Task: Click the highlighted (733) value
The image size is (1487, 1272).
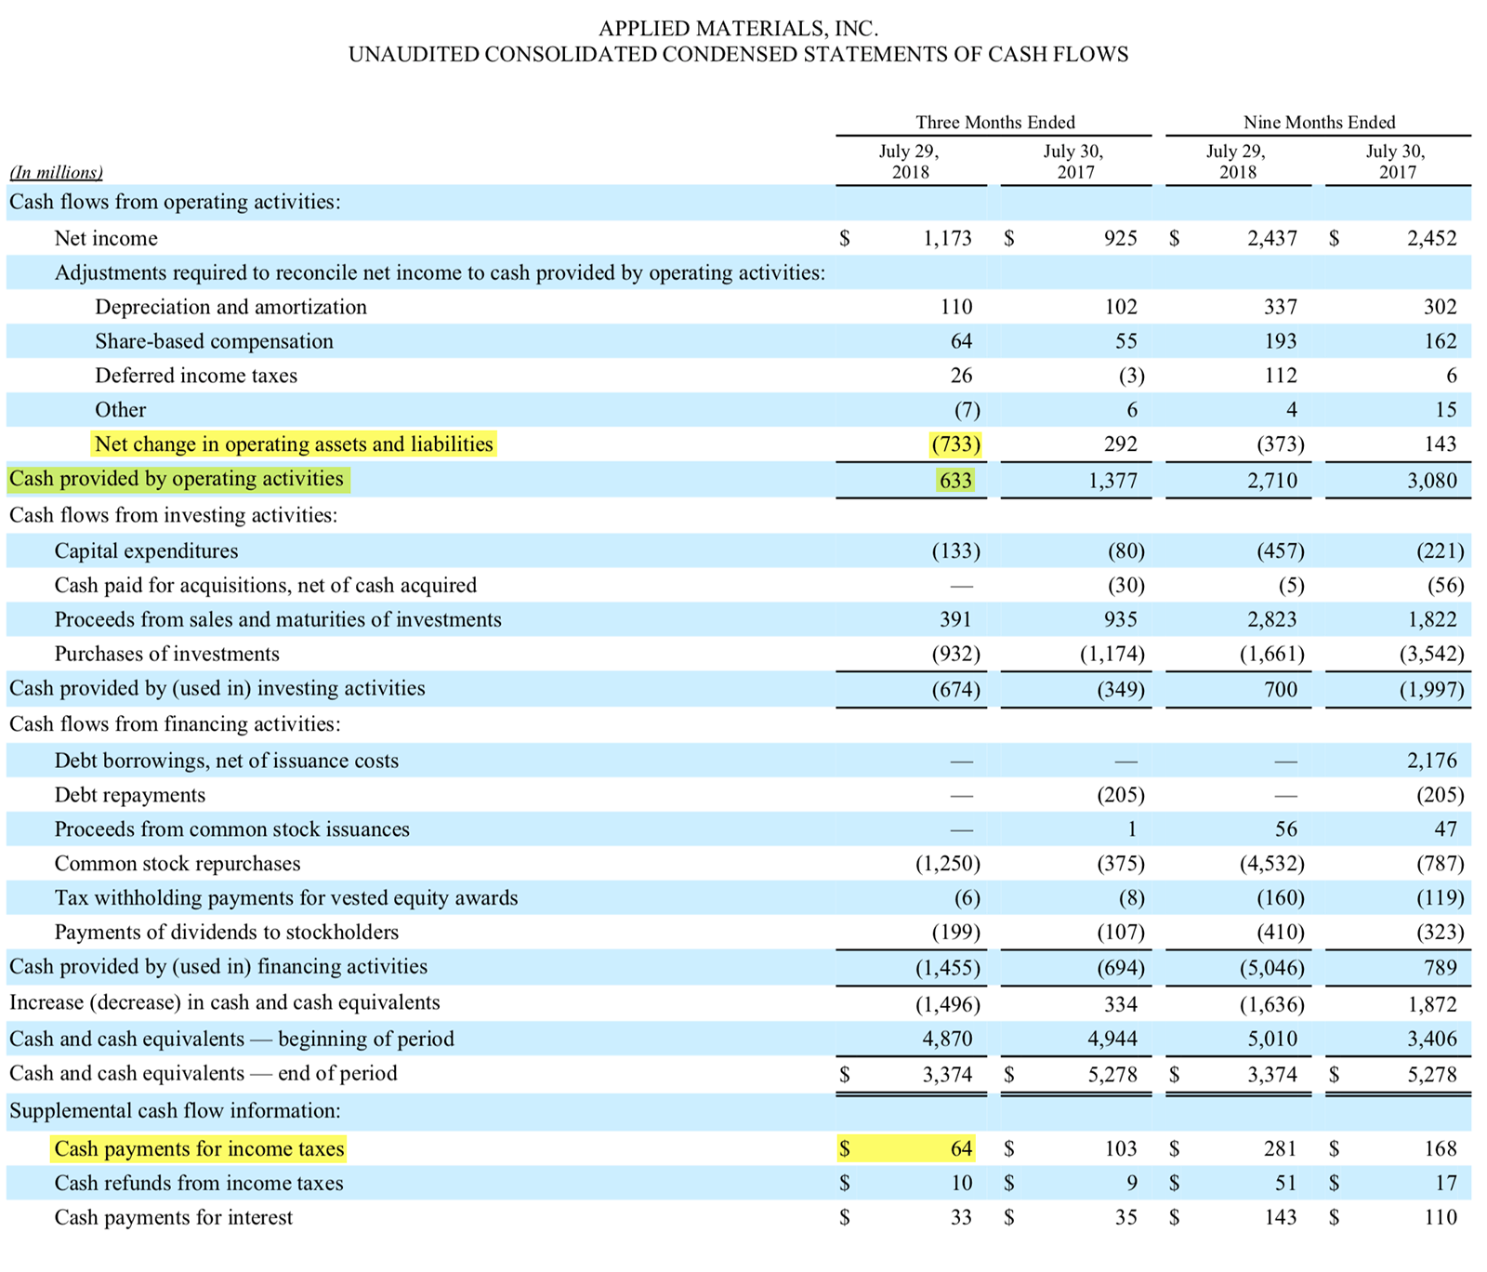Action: (955, 444)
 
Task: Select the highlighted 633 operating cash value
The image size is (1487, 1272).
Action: (955, 481)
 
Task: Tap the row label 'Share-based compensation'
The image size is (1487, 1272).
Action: (214, 341)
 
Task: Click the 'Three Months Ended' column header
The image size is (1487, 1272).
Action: (994, 122)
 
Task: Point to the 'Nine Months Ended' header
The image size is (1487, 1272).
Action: (1319, 122)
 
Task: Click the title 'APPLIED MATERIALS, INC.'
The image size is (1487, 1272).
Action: (738, 29)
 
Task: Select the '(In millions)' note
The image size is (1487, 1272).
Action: (56, 172)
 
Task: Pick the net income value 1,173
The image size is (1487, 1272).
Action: (947, 238)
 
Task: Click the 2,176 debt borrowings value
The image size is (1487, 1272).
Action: (1431, 761)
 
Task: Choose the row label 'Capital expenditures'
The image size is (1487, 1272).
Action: (146, 550)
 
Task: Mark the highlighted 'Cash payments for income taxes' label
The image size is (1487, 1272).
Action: (199, 1149)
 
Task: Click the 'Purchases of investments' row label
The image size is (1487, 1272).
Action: (166, 654)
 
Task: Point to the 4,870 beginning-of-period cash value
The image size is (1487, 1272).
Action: (947, 1039)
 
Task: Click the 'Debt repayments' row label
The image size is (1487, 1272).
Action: (130, 795)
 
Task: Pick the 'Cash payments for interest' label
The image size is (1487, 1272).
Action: (173, 1217)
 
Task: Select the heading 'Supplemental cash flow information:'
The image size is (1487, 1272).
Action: (175, 1110)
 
